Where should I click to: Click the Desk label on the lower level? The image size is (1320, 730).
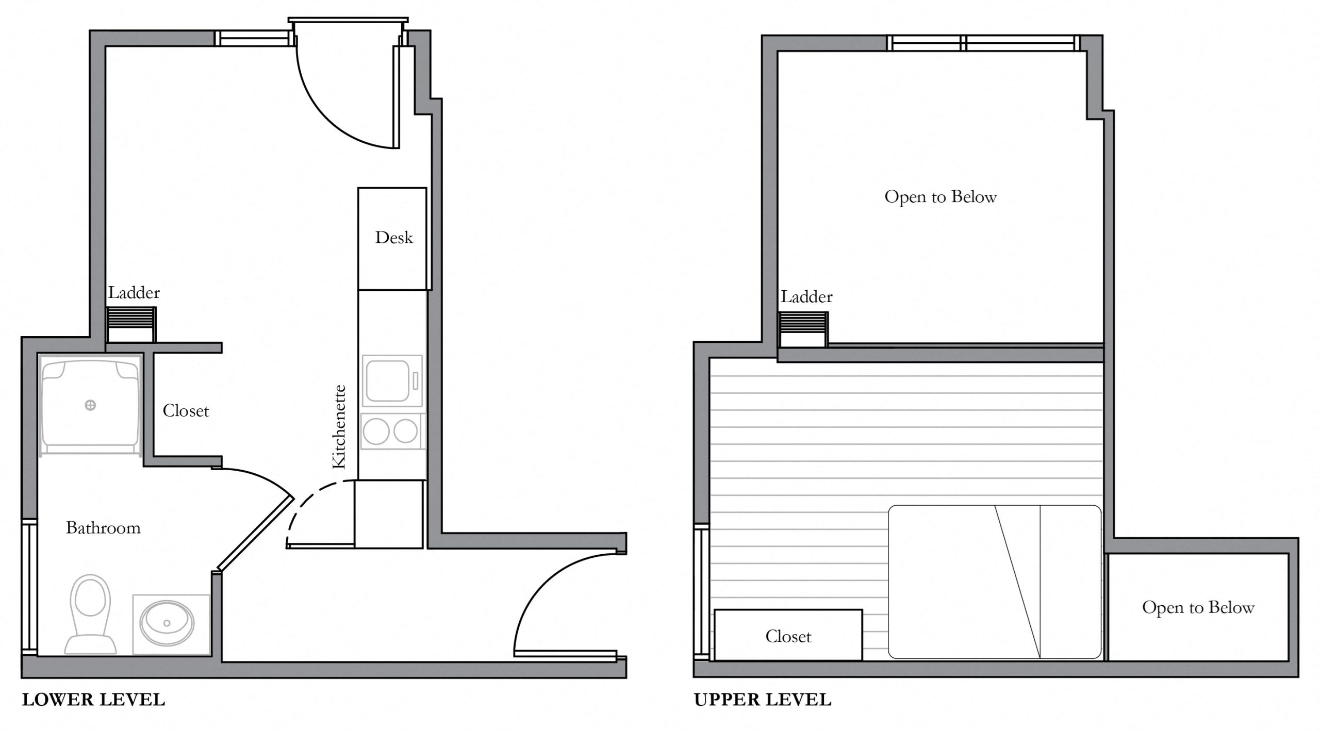tap(394, 238)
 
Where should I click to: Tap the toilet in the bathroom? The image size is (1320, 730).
tap(90, 613)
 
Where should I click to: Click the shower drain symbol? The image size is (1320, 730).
tap(90, 405)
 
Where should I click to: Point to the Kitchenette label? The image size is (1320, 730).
tap(339, 427)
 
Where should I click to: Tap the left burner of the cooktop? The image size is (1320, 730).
tap(376, 431)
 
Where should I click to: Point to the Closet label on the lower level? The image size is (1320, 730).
tap(186, 411)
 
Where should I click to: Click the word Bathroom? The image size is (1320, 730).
tap(103, 528)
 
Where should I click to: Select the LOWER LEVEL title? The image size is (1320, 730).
tap(93, 700)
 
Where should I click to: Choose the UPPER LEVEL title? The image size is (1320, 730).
tap(763, 700)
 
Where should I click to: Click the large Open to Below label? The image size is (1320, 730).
tap(940, 197)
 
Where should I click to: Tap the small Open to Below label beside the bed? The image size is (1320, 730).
tap(1198, 607)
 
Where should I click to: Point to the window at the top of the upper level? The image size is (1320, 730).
tap(982, 43)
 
